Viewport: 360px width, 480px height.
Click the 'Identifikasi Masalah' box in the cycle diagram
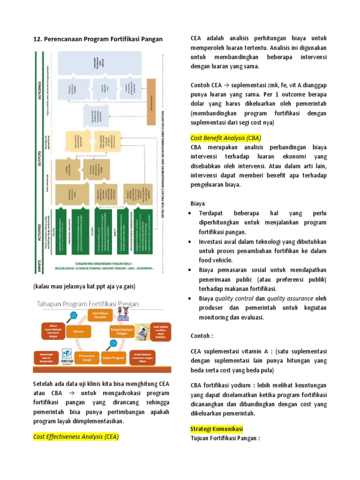[100, 315]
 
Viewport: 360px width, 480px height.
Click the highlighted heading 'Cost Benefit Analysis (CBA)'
[226, 138]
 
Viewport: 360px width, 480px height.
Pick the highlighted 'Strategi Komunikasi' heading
[217, 429]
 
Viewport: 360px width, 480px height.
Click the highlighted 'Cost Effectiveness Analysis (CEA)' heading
[76, 436]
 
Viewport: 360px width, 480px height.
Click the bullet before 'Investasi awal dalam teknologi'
[189, 242]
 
